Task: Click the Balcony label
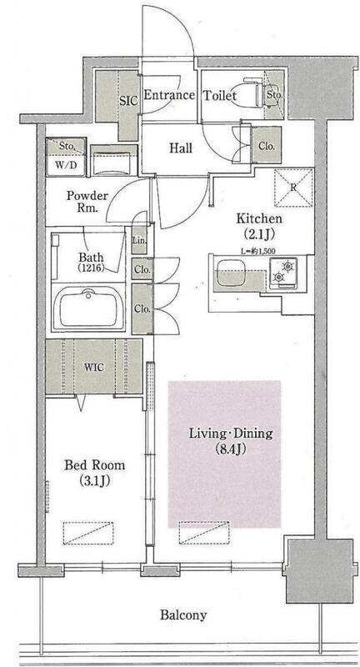[x=183, y=614]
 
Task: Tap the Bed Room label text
[x=95, y=465]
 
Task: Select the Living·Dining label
[x=230, y=434]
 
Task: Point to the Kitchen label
[x=259, y=218]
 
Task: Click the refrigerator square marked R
[x=293, y=188]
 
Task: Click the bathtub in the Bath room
[x=88, y=307]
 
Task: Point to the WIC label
[x=94, y=367]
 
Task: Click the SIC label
[x=128, y=101]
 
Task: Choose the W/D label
[x=66, y=164]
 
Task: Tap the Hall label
[x=181, y=148]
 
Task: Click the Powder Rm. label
[x=87, y=202]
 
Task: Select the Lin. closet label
[x=140, y=240]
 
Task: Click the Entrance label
[x=169, y=95]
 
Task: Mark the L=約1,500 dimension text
[x=258, y=251]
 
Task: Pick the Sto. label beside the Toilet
[x=274, y=95]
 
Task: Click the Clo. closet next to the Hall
[x=267, y=147]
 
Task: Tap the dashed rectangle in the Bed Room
[x=88, y=533]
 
